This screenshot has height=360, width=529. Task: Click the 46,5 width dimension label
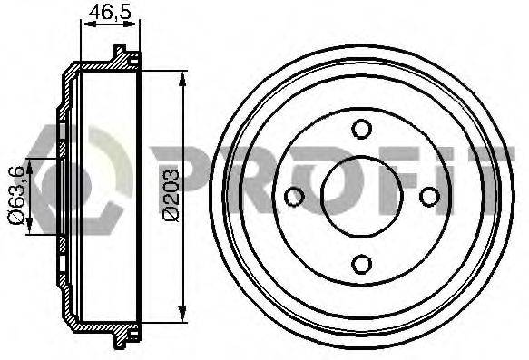coord(110,13)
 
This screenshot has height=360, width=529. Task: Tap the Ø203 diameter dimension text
coord(171,196)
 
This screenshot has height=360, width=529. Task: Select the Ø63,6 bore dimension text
coord(17,195)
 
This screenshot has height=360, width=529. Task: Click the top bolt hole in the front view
coord(362,129)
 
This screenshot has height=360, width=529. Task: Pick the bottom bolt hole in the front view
coord(362,264)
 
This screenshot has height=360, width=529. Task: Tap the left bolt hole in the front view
coord(294,197)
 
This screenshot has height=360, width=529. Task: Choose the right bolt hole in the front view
coord(429,197)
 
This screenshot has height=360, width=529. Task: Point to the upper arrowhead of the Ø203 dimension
coord(182,79)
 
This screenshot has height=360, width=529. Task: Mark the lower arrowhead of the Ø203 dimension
coord(182,314)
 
